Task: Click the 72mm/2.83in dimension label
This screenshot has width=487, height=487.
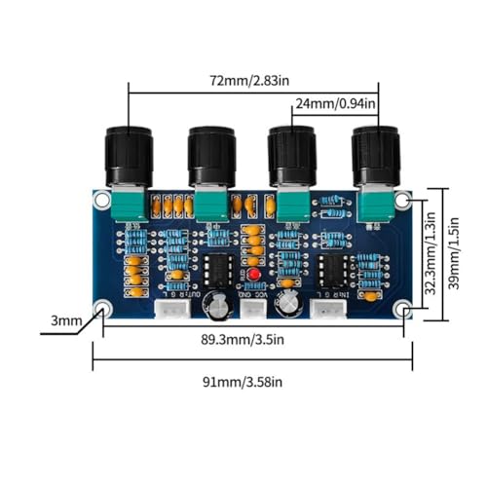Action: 249,81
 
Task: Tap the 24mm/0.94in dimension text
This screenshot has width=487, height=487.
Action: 335,103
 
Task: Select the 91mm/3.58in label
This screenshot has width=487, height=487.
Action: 243,382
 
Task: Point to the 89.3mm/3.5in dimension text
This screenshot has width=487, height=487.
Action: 243,340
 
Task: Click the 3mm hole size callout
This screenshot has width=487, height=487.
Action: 66,320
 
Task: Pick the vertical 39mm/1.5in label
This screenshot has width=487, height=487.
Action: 453,253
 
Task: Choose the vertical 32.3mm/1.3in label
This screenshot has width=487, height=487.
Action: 431,253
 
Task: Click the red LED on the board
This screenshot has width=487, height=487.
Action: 253,275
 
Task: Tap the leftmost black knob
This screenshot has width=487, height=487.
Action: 129,157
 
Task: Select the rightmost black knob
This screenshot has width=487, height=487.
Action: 376,156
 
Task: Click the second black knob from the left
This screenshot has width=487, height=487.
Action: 211,157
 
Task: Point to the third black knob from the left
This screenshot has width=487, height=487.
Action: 292,157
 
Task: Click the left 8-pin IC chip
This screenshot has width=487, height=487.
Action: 218,270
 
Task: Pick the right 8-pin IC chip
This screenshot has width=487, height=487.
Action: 333,271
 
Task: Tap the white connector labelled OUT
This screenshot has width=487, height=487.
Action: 171,309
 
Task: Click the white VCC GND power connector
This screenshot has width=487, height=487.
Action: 253,309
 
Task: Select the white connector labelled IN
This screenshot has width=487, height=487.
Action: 328,309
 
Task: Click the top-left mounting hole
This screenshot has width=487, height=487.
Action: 102,201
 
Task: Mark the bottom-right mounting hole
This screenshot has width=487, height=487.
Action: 402,309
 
